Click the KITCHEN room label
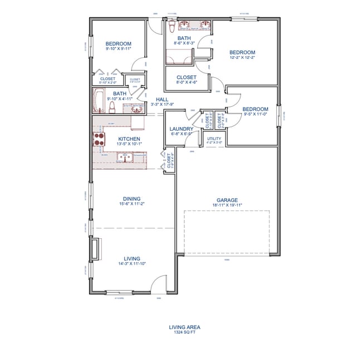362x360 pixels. point(129,139)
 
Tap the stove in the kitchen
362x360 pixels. point(99,139)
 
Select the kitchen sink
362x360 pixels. point(124,159)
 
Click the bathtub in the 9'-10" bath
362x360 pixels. point(100,102)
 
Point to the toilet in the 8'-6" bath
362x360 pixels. point(172,26)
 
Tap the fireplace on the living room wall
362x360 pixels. point(96,248)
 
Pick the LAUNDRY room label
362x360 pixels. point(181,129)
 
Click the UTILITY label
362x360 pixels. point(214,138)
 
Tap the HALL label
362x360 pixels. point(162,99)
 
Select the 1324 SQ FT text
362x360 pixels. point(184,332)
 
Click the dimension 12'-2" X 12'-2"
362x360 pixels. point(242,57)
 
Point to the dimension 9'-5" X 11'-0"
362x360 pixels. point(255,114)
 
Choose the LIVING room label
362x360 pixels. point(132,258)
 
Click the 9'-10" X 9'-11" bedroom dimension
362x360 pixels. point(118,49)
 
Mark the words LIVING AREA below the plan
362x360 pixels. point(184,327)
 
